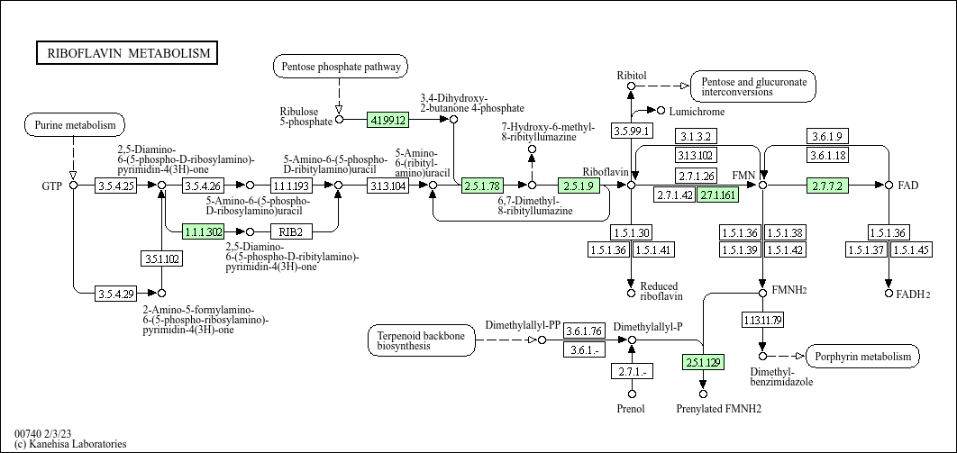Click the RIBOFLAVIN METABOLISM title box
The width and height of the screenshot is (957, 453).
click(x=127, y=53)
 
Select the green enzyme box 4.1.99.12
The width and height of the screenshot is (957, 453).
click(x=388, y=119)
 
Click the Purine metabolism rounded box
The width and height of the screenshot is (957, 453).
click(x=75, y=125)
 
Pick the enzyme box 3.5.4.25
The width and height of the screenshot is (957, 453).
click(x=115, y=186)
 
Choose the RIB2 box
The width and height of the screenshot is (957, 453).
click(x=289, y=231)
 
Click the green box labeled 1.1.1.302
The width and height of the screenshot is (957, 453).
click(x=203, y=231)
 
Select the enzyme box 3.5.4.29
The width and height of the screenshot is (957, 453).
click(x=115, y=293)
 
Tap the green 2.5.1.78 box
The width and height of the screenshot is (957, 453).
click(x=482, y=186)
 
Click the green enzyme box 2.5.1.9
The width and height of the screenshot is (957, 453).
click(x=579, y=186)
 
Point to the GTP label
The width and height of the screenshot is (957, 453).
click(x=52, y=186)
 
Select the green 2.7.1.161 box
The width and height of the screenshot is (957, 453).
click(x=718, y=195)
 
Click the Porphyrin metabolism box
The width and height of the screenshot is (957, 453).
click(x=862, y=357)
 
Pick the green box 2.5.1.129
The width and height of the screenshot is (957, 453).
click(x=703, y=363)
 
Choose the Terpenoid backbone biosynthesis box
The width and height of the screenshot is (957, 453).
click(x=421, y=340)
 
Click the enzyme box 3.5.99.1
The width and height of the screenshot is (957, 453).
click(x=631, y=131)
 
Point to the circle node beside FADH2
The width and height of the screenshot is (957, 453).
click(x=889, y=293)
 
